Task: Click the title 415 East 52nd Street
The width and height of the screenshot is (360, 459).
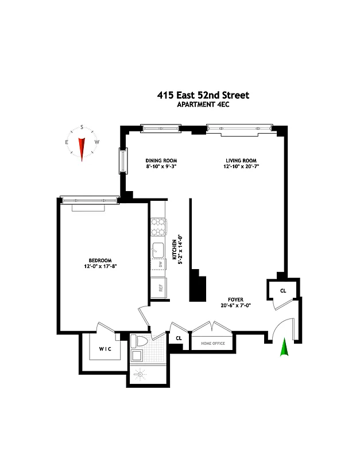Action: coord(203,96)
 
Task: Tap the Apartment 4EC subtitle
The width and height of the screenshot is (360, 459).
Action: coord(203,106)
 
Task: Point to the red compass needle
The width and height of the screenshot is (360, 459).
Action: coord(82,149)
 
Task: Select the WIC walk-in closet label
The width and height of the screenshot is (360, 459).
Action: coord(104,348)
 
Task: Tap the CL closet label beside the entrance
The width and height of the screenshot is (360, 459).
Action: coord(282,291)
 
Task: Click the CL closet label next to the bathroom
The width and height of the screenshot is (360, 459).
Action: coord(179,338)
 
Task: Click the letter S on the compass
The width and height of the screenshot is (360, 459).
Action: coord(82,127)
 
